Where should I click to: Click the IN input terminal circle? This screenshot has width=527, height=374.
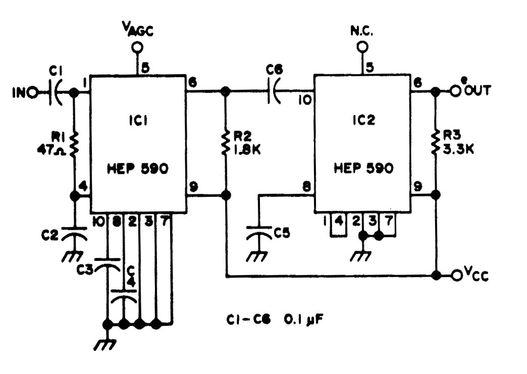coord(33,92)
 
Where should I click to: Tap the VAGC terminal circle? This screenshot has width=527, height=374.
coord(137,47)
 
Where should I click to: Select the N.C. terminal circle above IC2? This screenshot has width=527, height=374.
coord(362,47)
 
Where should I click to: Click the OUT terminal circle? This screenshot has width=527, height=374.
coord(455,91)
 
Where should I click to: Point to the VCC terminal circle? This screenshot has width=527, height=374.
coord(457,275)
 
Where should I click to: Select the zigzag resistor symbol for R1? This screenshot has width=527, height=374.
coord(74,144)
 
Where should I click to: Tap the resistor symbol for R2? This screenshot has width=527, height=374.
coord(225,143)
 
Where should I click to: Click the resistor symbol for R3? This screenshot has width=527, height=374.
coord(436,142)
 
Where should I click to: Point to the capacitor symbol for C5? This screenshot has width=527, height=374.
coord(259,233)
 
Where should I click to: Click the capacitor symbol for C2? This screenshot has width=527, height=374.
coord(74,234)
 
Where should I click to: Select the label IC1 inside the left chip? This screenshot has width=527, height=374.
coord(138,120)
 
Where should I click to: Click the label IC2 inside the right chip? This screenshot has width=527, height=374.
coord(364,120)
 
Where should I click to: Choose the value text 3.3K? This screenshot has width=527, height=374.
coord(458,149)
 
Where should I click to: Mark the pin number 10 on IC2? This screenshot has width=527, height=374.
coord(305,100)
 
